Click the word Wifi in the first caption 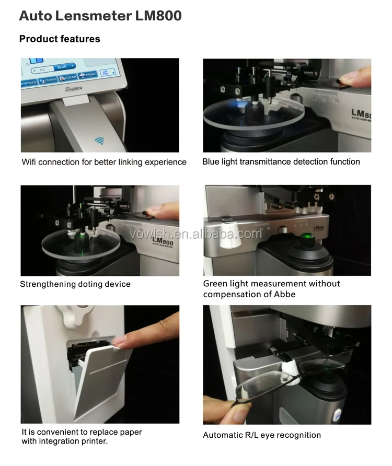coord(30,162)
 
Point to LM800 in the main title coord(158,16)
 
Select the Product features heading coord(60,39)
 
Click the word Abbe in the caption coord(285,294)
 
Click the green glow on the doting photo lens coord(82,241)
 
